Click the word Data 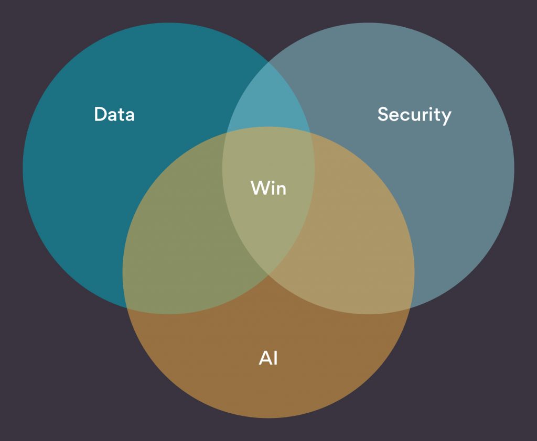(x=114, y=114)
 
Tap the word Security (x=414, y=115)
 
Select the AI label (x=268, y=358)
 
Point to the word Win (x=268, y=188)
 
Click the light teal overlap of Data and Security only (x=269, y=99)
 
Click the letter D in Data (x=100, y=114)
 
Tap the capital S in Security (x=382, y=114)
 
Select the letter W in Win (x=260, y=188)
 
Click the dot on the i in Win (x=273, y=181)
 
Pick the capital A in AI (x=265, y=358)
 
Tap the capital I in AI (x=276, y=358)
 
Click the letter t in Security (x=437, y=115)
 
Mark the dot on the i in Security (x=429, y=108)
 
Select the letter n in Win (x=282, y=190)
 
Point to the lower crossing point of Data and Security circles (x=268, y=275)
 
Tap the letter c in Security (x=405, y=116)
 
